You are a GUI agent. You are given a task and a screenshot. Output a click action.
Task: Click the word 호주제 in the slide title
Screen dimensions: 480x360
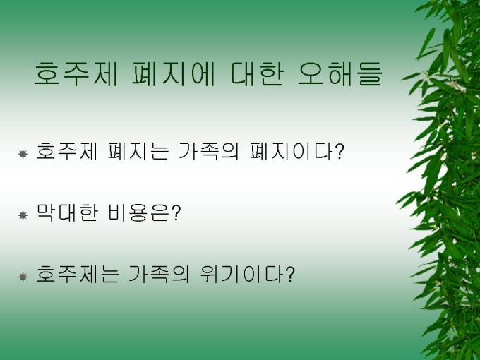click(76, 73)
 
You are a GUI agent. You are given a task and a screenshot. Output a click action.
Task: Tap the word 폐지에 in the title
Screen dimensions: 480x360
click(173, 73)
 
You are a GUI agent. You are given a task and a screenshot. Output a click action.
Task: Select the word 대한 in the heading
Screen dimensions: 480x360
click(256, 73)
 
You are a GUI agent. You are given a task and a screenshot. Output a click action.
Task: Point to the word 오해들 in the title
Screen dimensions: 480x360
click(340, 73)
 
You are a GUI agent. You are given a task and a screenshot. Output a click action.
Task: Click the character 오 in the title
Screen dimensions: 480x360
click(311, 73)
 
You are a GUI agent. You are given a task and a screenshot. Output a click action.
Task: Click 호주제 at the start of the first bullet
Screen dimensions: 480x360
click(67, 151)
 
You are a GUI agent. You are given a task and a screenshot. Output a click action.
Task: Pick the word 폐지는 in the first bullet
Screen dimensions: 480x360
click(138, 151)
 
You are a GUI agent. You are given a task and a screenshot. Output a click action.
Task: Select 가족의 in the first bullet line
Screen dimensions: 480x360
click(208, 151)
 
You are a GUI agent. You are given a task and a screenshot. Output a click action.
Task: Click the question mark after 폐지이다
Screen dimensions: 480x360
click(340, 151)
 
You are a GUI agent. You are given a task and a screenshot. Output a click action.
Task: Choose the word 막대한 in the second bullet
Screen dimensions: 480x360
click(67, 212)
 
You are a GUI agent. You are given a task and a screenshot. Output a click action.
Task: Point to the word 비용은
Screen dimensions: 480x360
click(138, 212)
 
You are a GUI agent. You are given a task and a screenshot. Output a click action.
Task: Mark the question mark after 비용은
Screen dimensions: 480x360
click(176, 212)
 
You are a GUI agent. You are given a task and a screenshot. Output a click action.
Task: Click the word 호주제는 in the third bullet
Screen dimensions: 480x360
click(78, 274)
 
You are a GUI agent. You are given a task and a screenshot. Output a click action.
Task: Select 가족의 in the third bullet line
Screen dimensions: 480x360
click(159, 274)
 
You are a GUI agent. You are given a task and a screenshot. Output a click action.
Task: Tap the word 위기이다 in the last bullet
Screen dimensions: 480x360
click(242, 274)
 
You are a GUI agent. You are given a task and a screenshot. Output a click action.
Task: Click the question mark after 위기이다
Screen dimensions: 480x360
click(289, 274)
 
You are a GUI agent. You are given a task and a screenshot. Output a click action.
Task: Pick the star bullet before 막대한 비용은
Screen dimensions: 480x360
click(23, 215)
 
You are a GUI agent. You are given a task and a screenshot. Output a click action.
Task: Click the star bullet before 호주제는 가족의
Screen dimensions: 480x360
click(23, 277)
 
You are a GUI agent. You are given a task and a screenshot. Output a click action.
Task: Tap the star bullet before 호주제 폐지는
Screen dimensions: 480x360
click(23, 154)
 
